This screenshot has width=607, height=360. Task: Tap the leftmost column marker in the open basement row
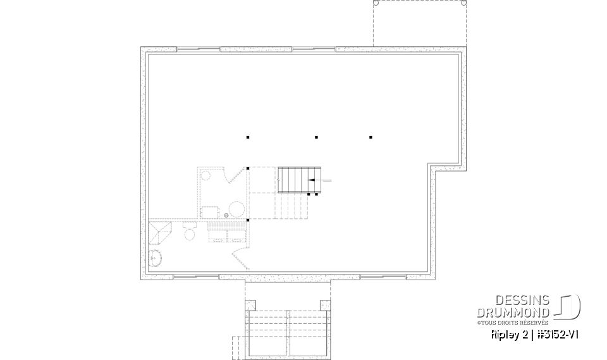248,137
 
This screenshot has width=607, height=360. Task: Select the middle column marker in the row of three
316,137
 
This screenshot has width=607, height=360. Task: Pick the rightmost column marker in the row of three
371,137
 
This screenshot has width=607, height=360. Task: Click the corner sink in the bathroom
156,258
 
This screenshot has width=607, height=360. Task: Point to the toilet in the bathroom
189,233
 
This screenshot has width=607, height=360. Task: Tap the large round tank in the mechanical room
236,209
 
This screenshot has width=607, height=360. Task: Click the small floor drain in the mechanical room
226,215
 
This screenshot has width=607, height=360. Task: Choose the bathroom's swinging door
241,258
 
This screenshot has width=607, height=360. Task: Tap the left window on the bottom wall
197,276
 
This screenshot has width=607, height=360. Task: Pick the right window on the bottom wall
383,276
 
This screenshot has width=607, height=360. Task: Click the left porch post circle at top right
376,3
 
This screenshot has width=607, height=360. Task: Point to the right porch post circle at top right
464,3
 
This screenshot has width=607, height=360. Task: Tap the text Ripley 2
510,334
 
